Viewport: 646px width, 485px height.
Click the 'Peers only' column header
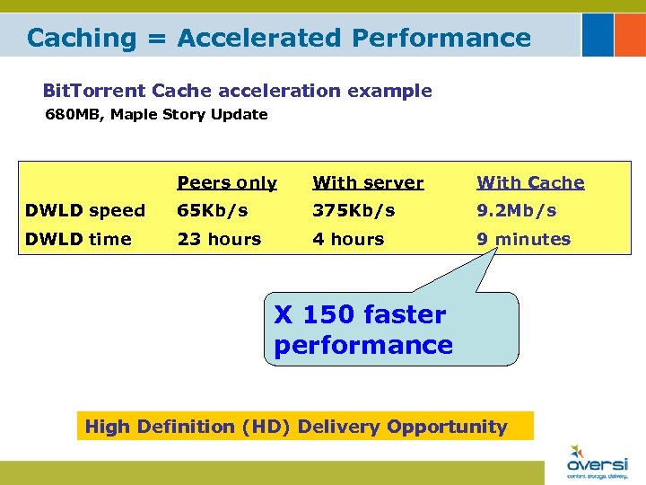point(227,183)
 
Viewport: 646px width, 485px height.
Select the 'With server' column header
point(368,183)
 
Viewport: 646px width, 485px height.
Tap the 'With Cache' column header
point(530,183)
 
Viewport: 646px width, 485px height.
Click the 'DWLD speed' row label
point(85,211)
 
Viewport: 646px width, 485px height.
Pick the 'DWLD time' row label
point(79,240)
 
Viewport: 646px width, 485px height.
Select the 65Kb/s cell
point(213,211)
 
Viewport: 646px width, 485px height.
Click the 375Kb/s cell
point(354,211)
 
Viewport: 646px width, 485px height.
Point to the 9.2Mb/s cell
point(517,211)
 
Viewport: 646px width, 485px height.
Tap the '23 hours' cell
point(219,240)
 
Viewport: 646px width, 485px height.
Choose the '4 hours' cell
point(348,240)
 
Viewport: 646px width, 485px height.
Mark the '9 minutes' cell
point(524,240)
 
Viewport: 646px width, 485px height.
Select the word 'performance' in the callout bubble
point(363,346)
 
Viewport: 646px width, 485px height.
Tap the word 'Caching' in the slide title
point(81,38)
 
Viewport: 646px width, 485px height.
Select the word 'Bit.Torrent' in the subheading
point(95,91)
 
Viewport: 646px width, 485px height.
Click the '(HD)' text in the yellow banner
point(266,428)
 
